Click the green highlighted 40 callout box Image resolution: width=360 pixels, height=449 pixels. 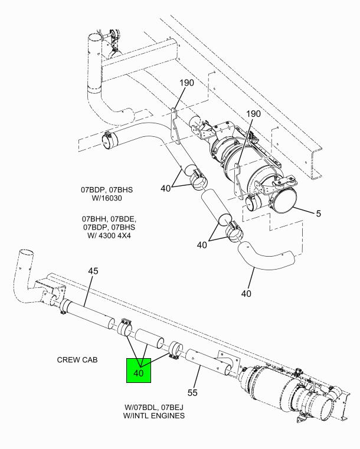139,371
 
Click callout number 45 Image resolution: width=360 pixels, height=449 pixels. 93,271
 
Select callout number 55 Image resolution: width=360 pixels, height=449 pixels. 192,392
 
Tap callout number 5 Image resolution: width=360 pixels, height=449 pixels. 319,214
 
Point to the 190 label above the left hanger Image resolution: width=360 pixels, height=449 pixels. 186,83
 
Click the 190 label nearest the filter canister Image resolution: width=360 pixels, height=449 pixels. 253,114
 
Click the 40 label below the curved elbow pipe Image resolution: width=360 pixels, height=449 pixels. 246,293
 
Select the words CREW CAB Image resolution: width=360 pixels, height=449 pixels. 77,360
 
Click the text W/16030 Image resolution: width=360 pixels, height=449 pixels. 107,198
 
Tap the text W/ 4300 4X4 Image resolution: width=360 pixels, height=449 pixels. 109,235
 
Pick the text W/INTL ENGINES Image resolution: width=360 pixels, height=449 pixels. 154,415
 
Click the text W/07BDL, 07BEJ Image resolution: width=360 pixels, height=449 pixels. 154,407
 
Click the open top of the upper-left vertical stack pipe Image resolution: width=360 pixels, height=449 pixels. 94,38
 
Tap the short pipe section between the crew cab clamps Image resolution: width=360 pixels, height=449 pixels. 149,339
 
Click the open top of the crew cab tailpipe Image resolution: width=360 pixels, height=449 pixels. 27,254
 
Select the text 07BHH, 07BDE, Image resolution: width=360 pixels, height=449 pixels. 109,219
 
